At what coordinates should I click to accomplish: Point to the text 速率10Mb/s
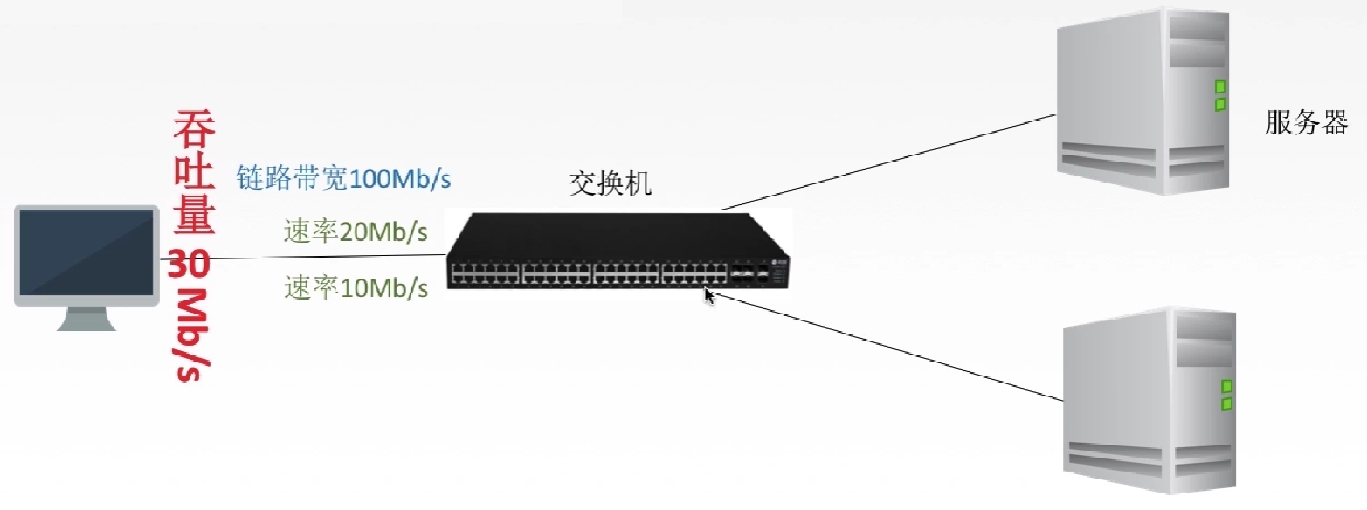click(356, 286)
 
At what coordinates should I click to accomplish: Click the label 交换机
click(611, 184)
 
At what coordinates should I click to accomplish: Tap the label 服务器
click(1306, 123)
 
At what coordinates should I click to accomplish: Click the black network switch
click(618, 252)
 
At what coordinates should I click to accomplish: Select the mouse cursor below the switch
click(709, 296)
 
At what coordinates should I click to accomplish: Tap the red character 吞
click(193, 129)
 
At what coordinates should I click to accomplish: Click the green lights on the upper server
click(1220, 95)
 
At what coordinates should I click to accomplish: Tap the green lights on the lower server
click(1226, 395)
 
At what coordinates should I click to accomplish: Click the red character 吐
click(193, 174)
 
